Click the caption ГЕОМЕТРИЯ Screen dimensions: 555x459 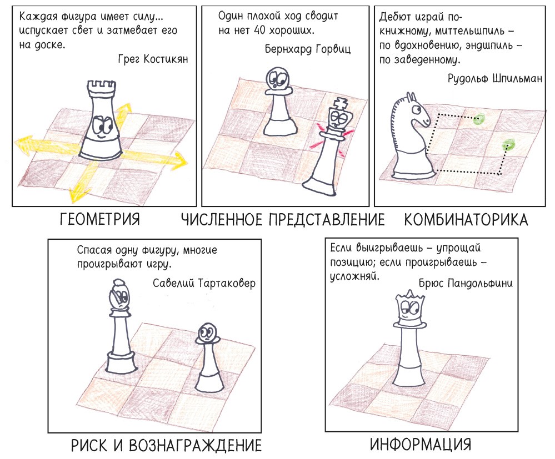pyautogui.click(x=100, y=219)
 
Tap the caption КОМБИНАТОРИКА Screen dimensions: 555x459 pyautogui.click(x=466, y=220)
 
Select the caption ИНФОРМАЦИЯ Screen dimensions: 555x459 pyautogui.click(x=421, y=444)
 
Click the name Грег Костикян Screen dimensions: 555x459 pyautogui.click(x=153, y=59)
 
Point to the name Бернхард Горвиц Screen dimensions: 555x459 pyautogui.click(x=308, y=48)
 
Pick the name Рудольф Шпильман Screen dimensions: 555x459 pyautogui.click(x=495, y=78)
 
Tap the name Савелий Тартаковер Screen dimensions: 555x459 pyautogui.click(x=204, y=283)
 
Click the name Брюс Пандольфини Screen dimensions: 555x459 pyautogui.click(x=466, y=283)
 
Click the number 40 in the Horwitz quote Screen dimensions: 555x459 pyautogui.click(x=259, y=31)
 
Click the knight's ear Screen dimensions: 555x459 pyautogui.click(x=411, y=97)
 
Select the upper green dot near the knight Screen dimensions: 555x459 pyautogui.click(x=479, y=119)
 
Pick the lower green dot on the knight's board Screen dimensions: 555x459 pyautogui.click(x=509, y=144)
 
